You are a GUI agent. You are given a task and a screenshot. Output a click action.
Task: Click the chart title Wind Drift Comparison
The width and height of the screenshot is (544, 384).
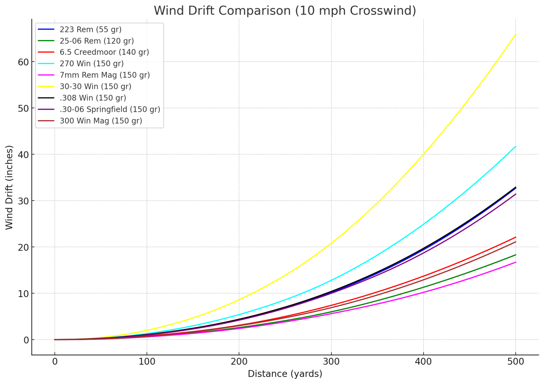coord(285,11)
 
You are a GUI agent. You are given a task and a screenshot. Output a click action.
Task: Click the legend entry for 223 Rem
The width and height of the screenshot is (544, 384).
coord(90,29)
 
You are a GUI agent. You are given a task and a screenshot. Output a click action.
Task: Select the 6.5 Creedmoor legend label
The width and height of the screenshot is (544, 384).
coord(104,52)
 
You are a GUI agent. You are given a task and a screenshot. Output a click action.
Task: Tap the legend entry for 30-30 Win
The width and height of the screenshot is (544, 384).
coord(95,86)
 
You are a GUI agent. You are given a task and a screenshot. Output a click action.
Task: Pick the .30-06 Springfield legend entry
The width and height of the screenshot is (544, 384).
coord(110,109)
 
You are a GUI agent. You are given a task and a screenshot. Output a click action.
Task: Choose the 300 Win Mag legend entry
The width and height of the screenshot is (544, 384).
coord(101,121)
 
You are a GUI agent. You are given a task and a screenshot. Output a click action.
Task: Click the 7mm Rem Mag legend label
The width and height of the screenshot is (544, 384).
coord(105,75)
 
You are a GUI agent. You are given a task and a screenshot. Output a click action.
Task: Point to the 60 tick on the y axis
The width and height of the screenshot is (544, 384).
coord(23,62)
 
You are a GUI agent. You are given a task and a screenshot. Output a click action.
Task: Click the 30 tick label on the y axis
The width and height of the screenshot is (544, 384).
coord(23,201)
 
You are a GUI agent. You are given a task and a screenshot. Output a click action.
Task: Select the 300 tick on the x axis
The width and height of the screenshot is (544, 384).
coord(331,362)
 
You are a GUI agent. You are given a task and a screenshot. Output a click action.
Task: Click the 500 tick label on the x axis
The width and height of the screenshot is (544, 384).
coord(515,362)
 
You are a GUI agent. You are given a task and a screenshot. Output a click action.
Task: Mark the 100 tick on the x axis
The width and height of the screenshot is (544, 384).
coord(147,362)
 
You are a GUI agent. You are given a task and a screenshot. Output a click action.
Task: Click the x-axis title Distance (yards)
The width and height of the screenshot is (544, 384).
coord(285,374)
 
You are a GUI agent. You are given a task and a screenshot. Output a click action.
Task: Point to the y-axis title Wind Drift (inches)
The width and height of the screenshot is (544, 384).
coord(9,187)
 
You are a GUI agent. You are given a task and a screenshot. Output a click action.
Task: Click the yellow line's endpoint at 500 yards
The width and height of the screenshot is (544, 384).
coord(515,34)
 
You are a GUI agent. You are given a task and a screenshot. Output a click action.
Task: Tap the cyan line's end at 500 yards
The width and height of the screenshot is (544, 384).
coord(515,147)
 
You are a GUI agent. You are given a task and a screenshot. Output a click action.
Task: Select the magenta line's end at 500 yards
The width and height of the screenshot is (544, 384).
coord(515,262)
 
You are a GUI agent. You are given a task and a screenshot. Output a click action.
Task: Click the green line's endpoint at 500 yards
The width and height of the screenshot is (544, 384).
coord(515,255)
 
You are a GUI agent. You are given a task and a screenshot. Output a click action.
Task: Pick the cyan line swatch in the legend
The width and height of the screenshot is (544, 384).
coord(46,63)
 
